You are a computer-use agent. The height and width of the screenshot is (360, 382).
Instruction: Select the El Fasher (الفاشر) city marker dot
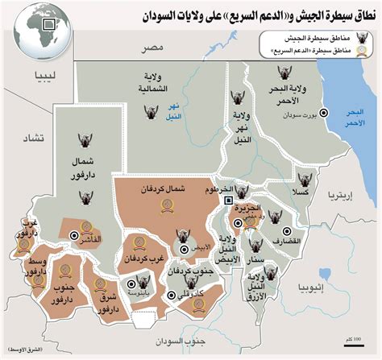[x=74, y=237]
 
